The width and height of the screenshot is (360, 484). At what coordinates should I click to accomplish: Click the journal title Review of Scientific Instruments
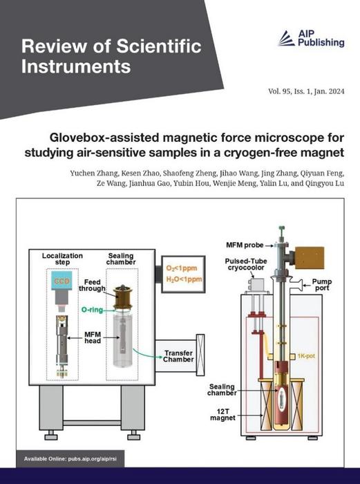click(x=111, y=57)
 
